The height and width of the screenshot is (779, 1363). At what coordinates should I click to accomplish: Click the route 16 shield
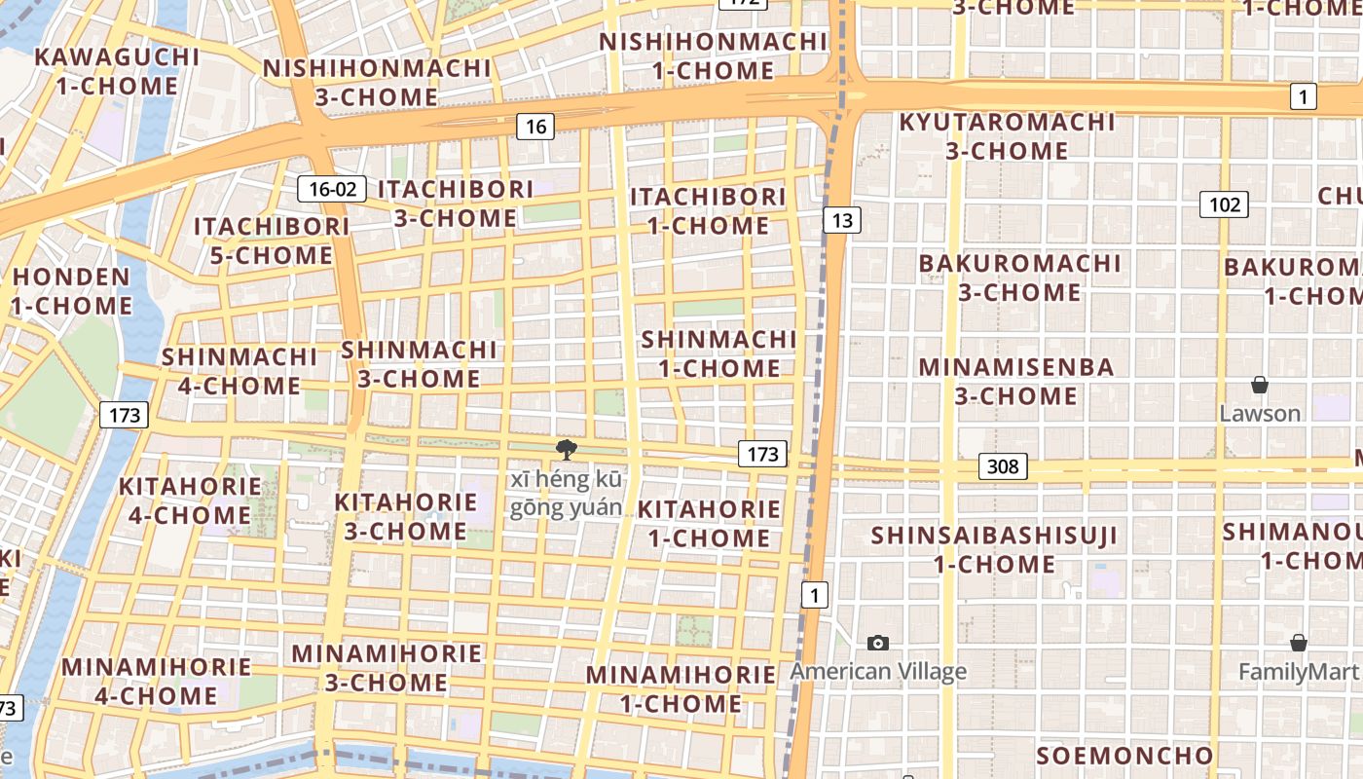click(x=535, y=126)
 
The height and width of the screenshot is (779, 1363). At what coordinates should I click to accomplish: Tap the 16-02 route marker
click(x=332, y=189)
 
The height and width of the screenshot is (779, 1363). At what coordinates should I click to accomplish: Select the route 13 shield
click(x=842, y=220)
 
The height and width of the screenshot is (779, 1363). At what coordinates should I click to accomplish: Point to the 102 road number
click(x=1224, y=204)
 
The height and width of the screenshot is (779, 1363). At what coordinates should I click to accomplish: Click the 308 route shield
click(x=1003, y=466)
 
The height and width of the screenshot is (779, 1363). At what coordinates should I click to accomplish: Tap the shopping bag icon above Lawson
click(x=1260, y=385)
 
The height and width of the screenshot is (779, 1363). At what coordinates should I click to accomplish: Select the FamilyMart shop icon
click(x=1298, y=643)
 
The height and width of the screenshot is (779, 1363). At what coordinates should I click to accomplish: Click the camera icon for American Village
click(x=878, y=643)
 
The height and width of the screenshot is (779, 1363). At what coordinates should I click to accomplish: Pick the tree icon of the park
click(x=565, y=449)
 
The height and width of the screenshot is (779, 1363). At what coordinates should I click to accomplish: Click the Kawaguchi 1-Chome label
click(x=117, y=71)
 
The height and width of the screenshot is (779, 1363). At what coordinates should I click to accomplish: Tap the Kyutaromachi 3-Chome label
click(x=1007, y=136)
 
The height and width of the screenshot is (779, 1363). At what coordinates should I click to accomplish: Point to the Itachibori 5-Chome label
click(x=272, y=241)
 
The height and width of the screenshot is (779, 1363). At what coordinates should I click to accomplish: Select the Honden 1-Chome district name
click(x=72, y=291)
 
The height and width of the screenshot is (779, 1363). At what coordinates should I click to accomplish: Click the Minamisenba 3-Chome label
click(x=1016, y=382)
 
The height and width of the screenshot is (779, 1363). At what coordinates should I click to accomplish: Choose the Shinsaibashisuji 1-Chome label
click(x=994, y=549)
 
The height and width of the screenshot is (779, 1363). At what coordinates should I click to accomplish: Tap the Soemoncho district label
click(x=1124, y=756)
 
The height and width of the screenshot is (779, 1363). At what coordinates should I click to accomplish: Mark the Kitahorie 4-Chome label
click(x=190, y=501)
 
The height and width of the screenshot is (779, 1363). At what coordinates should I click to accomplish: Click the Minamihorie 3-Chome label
click(x=387, y=667)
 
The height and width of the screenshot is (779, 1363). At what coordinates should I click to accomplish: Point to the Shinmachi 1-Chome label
click(x=719, y=353)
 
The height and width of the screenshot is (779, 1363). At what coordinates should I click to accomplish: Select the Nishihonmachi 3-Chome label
click(x=377, y=83)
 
